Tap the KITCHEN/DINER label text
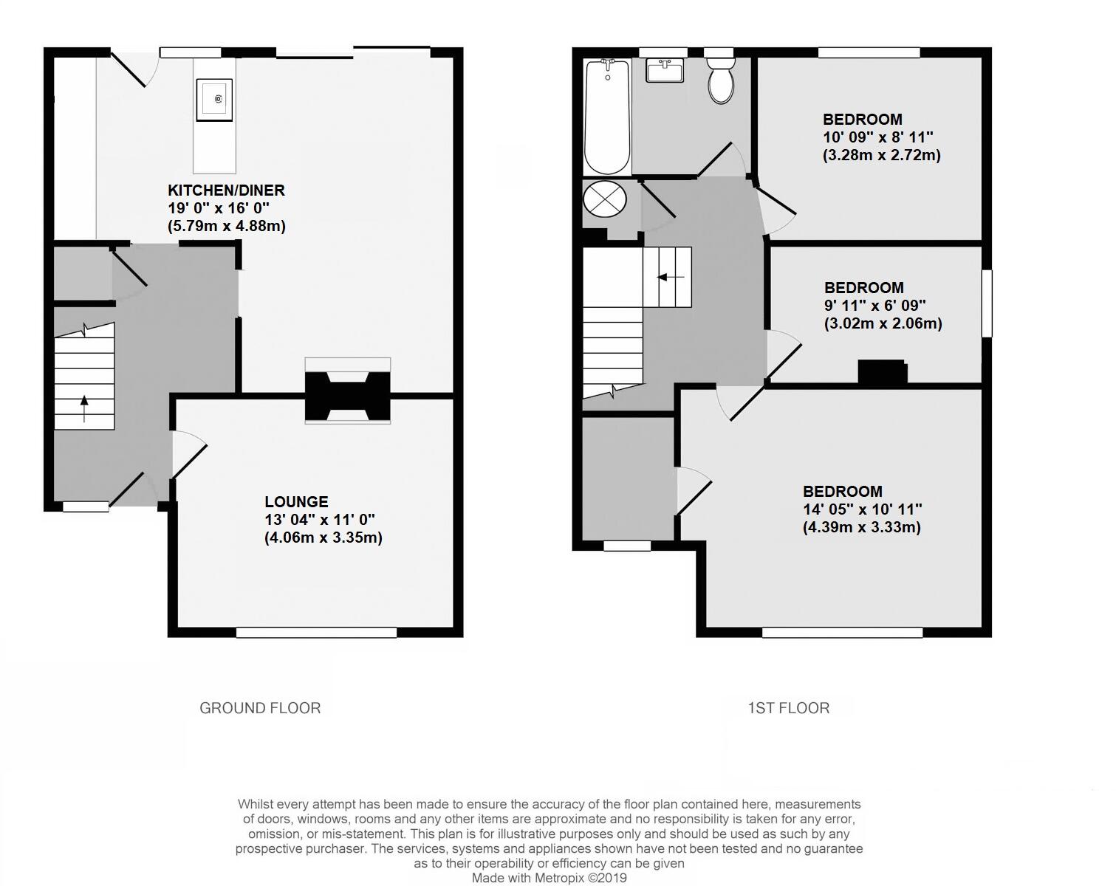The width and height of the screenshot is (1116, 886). click(x=226, y=190)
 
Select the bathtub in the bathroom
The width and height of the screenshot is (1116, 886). click(x=607, y=117)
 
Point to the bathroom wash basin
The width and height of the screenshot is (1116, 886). click(x=665, y=72)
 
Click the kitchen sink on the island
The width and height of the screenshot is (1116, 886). click(x=215, y=100)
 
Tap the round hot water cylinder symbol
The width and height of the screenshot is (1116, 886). click(x=604, y=199)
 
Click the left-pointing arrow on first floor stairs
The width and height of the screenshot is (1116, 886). click(x=671, y=277)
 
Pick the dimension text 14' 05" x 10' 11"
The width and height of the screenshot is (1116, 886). click(x=862, y=509)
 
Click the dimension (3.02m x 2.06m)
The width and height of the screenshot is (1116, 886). click(x=883, y=323)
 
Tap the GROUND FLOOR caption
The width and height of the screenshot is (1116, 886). click(x=260, y=708)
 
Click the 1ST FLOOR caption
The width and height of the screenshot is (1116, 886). click(x=788, y=708)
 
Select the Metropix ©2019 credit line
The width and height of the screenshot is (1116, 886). click(x=550, y=878)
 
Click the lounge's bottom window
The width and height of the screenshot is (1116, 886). click(x=316, y=632)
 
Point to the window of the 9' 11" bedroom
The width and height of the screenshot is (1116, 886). click(x=986, y=303)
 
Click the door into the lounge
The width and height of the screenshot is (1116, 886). click(x=188, y=455)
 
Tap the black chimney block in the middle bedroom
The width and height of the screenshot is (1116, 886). click(x=882, y=371)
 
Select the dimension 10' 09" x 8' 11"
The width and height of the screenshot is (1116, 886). click(x=878, y=137)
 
